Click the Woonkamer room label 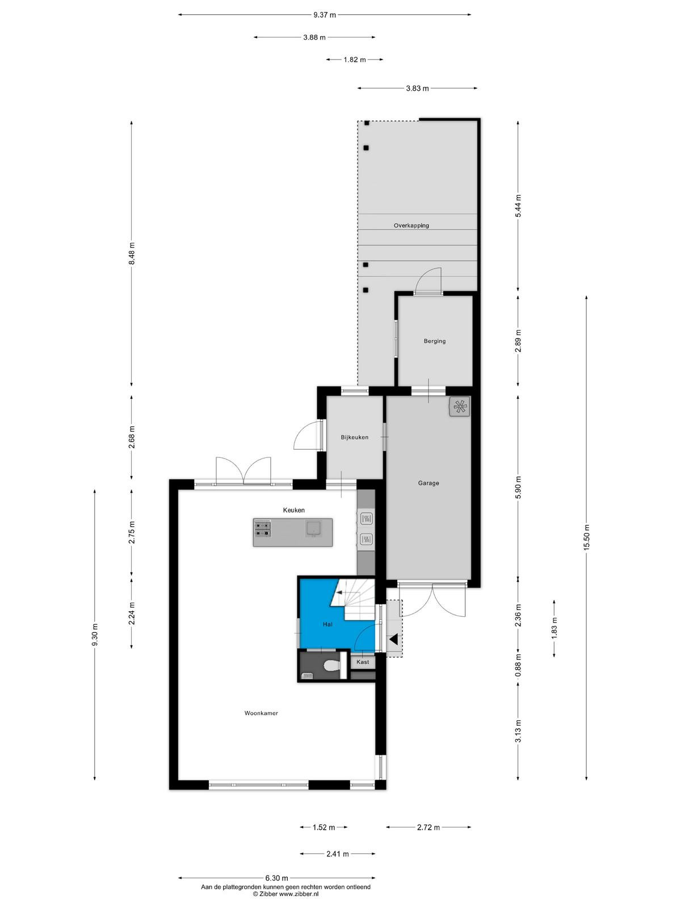coord(261,713)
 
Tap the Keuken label coord(293,510)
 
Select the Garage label coord(428,483)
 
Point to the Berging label coord(435,341)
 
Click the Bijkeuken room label coord(354,437)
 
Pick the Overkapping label coord(411,225)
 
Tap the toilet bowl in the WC coord(333,666)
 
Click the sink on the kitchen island coord(313,528)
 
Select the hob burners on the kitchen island coord(263,529)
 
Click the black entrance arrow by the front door coord(393,640)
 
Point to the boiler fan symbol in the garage coord(459,407)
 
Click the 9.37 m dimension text coord(325,15)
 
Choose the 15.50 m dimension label coord(586,536)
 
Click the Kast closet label coord(363,662)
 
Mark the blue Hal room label coord(327,624)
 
